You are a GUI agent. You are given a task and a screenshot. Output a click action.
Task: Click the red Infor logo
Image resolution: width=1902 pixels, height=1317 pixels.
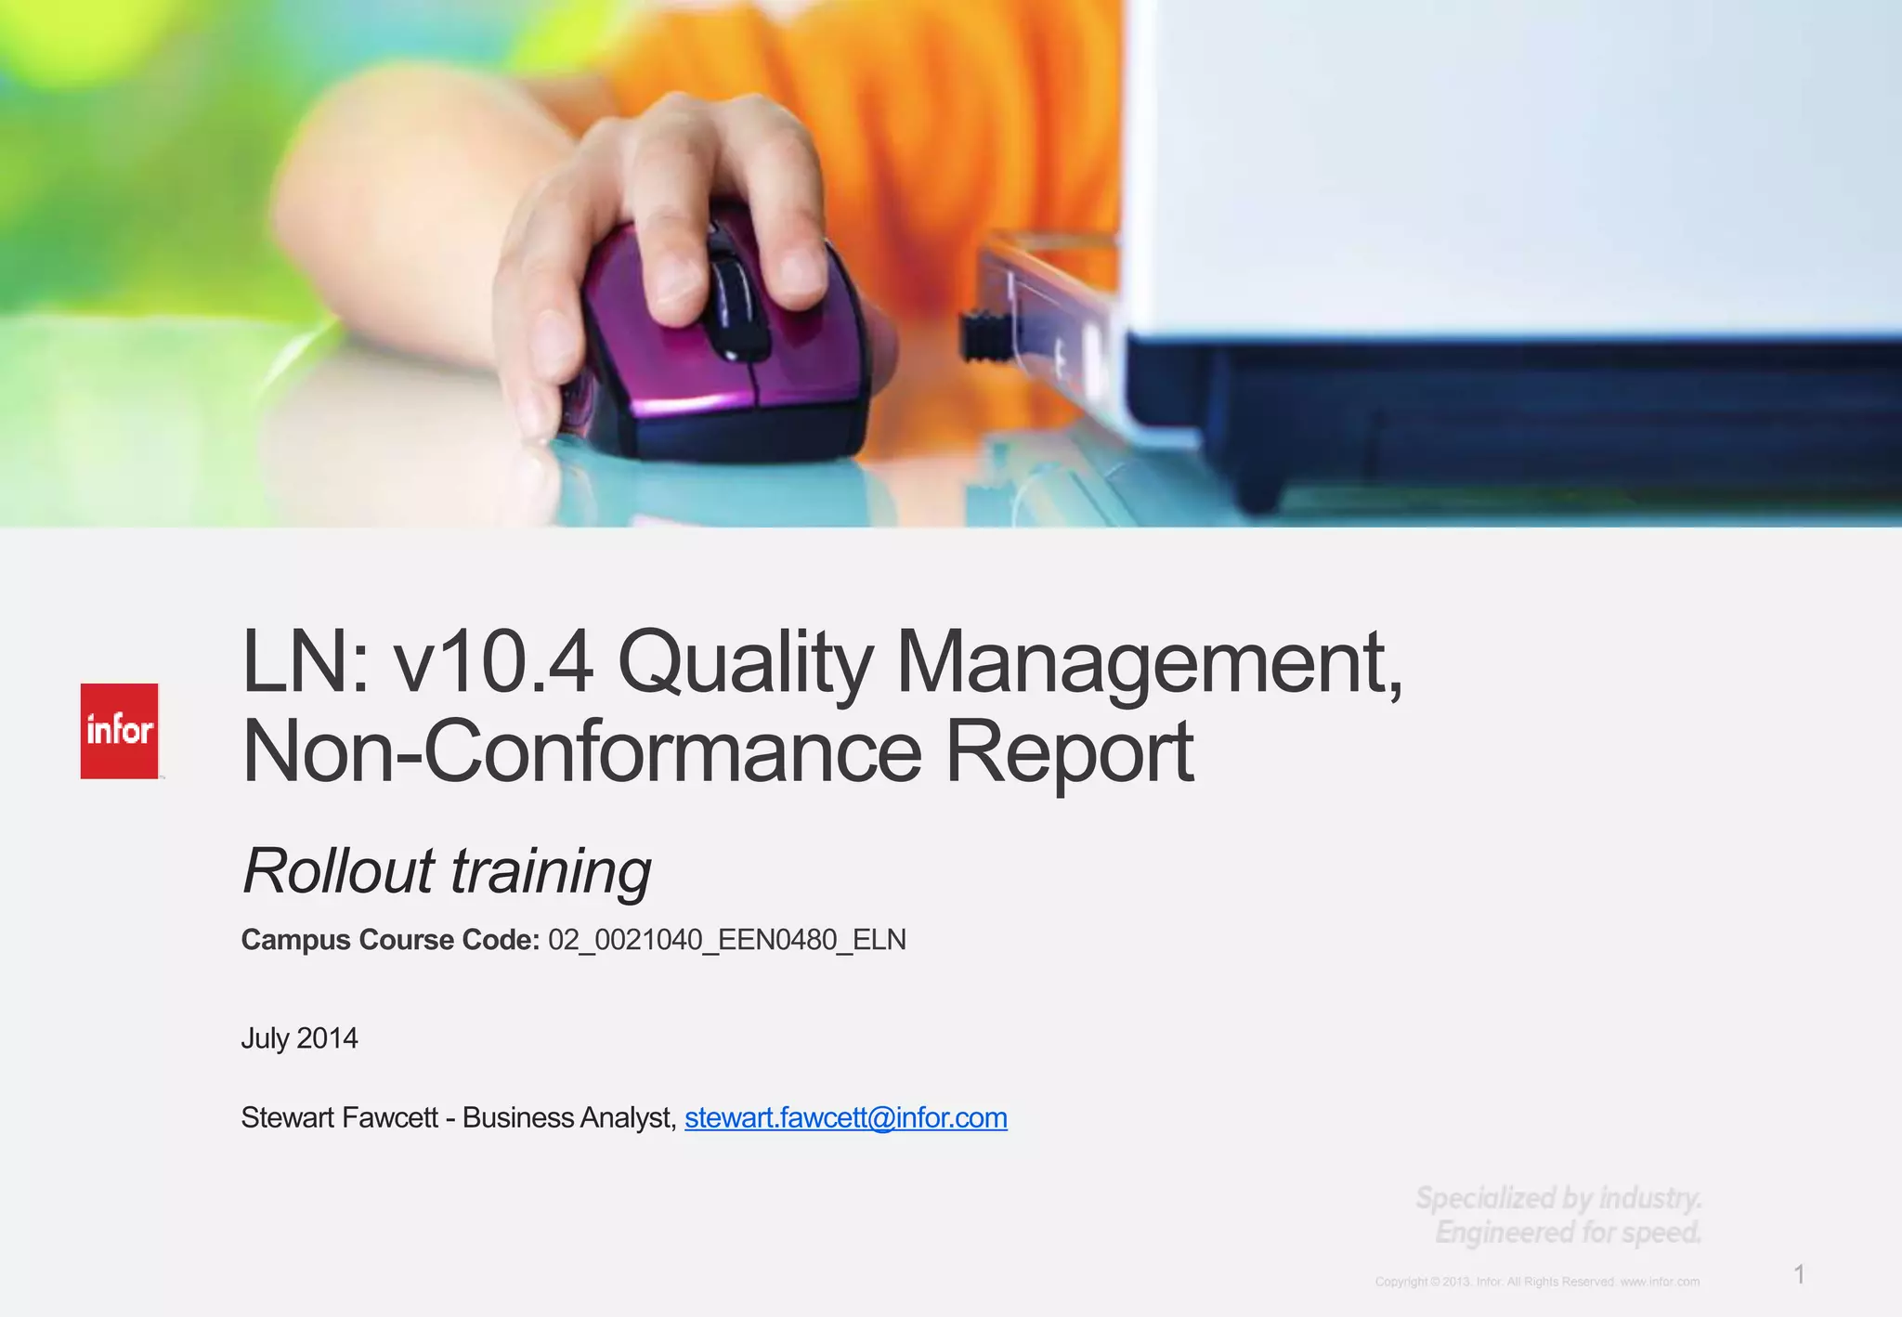[119, 731]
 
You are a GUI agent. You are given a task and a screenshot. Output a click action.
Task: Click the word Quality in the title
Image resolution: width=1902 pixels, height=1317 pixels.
[745, 662]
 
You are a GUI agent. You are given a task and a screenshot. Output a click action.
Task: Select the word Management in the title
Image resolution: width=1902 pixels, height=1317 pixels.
[1149, 662]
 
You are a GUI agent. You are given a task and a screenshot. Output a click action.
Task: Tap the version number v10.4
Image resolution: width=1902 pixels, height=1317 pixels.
[493, 662]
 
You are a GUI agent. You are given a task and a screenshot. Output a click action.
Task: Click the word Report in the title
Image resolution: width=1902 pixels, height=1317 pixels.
[1069, 751]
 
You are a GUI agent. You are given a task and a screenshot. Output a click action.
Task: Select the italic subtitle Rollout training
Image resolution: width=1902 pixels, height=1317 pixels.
[447, 871]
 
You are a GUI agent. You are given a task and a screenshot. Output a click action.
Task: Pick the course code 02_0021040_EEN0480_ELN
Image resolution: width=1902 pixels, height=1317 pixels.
[727, 940]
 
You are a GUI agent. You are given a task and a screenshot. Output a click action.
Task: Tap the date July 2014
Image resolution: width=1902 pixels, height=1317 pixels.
[299, 1037]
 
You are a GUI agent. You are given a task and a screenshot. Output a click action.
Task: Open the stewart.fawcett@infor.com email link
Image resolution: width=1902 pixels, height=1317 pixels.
[845, 1117]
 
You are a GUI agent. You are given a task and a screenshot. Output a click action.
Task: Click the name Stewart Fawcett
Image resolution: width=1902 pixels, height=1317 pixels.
[339, 1117]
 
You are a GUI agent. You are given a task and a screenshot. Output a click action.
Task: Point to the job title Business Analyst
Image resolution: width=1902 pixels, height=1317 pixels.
[568, 1117]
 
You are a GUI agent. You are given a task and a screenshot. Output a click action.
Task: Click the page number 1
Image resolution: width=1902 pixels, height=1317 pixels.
[1799, 1274]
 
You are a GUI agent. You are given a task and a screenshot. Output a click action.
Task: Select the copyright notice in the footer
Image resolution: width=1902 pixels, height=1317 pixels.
[1537, 1282]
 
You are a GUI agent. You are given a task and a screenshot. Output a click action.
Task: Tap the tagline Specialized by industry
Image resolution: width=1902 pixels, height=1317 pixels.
[1558, 1198]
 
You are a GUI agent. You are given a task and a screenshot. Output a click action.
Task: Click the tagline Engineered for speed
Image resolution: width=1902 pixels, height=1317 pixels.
[1568, 1232]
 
